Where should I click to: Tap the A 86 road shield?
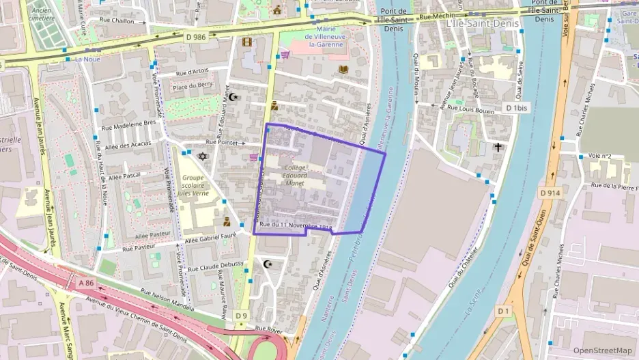85,282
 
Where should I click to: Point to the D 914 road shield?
550,193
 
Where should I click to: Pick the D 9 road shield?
241,316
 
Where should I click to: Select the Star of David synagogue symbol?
201,156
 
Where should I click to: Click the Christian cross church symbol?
498,147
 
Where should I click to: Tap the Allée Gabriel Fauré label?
213,234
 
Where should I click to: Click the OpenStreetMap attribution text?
602,350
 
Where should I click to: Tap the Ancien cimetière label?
42,14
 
